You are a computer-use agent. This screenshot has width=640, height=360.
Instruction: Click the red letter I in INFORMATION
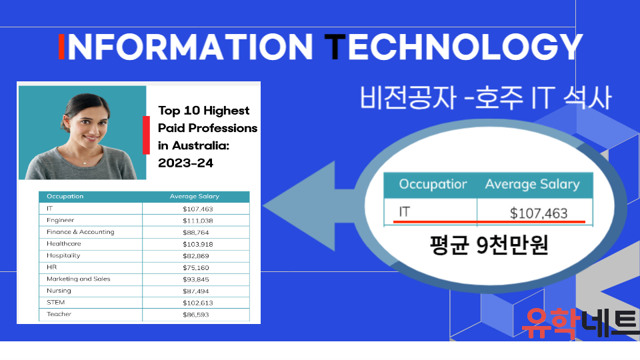click(61, 47)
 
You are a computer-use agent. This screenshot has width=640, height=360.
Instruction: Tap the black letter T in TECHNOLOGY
click(335, 47)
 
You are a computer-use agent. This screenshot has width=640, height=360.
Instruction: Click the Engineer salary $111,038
click(198, 221)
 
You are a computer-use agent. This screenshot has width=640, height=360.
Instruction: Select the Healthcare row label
click(64, 244)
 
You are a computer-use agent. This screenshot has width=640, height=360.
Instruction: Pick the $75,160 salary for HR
click(196, 268)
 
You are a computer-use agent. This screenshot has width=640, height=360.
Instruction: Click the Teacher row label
click(59, 314)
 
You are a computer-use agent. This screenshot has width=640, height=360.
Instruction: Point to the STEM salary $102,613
click(198, 303)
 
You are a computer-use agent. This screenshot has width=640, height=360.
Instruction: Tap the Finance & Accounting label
click(81, 232)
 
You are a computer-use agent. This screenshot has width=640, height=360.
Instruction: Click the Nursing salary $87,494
click(196, 291)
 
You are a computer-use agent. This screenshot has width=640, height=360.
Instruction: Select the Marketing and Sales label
click(79, 279)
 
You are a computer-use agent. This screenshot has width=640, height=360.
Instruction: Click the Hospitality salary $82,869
click(196, 256)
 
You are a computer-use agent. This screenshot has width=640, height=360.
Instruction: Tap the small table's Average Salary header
click(194, 196)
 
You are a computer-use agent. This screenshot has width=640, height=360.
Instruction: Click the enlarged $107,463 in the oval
click(539, 213)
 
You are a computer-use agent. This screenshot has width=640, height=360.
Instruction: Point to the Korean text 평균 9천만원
click(489, 245)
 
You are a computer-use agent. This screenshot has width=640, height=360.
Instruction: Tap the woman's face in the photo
click(87, 123)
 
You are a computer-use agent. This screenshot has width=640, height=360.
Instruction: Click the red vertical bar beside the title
click(146, 135)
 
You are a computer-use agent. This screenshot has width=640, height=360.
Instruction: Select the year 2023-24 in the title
click(186, 163)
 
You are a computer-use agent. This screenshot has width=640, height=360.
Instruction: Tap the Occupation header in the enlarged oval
click(433, 185)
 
